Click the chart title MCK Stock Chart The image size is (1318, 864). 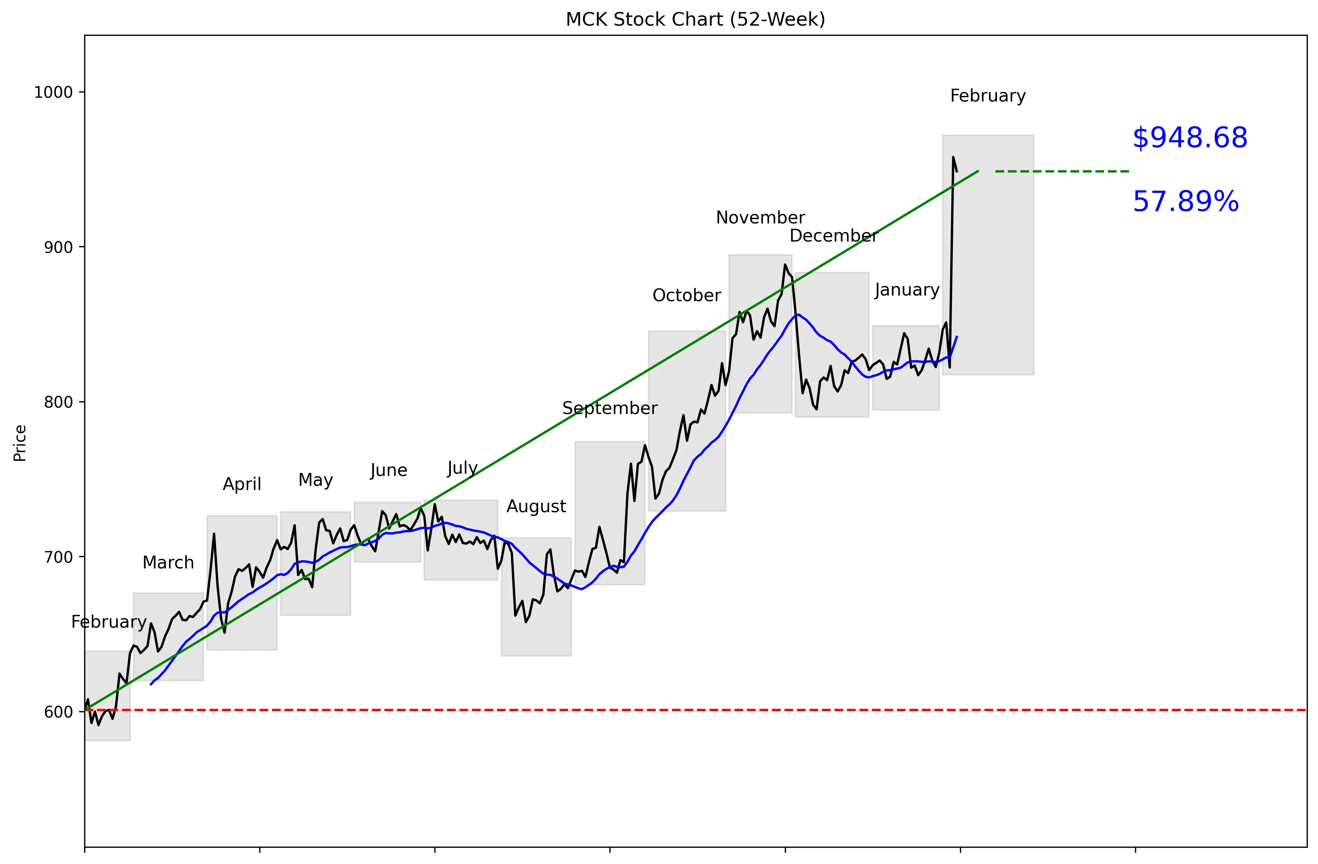[x=695, y=19]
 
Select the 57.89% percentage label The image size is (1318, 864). [x=1185, y=202]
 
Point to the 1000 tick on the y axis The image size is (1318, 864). [x=53, y=92]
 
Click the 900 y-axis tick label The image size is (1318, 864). [x=58, y=247]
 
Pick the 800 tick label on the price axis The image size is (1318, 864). [x=58, y=402]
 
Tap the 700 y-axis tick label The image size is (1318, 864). [x=58, y=557]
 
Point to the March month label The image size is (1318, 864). [x=168, y=563]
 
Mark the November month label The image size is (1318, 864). [x=760, y=218]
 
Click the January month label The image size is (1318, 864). [x=907, y=290]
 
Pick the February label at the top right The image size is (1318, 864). [x=987, y=96]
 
